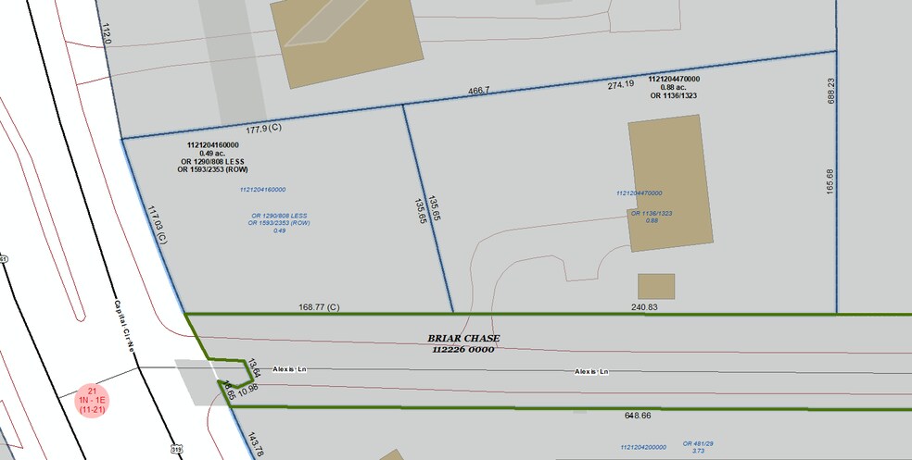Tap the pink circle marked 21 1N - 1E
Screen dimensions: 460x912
(93, 399)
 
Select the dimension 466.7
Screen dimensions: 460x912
(477, 92)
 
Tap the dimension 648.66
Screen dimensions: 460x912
(644, 416)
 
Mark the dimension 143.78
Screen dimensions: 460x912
(256, 442)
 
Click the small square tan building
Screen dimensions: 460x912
(655, 286)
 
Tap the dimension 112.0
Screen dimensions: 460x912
(106, 36)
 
